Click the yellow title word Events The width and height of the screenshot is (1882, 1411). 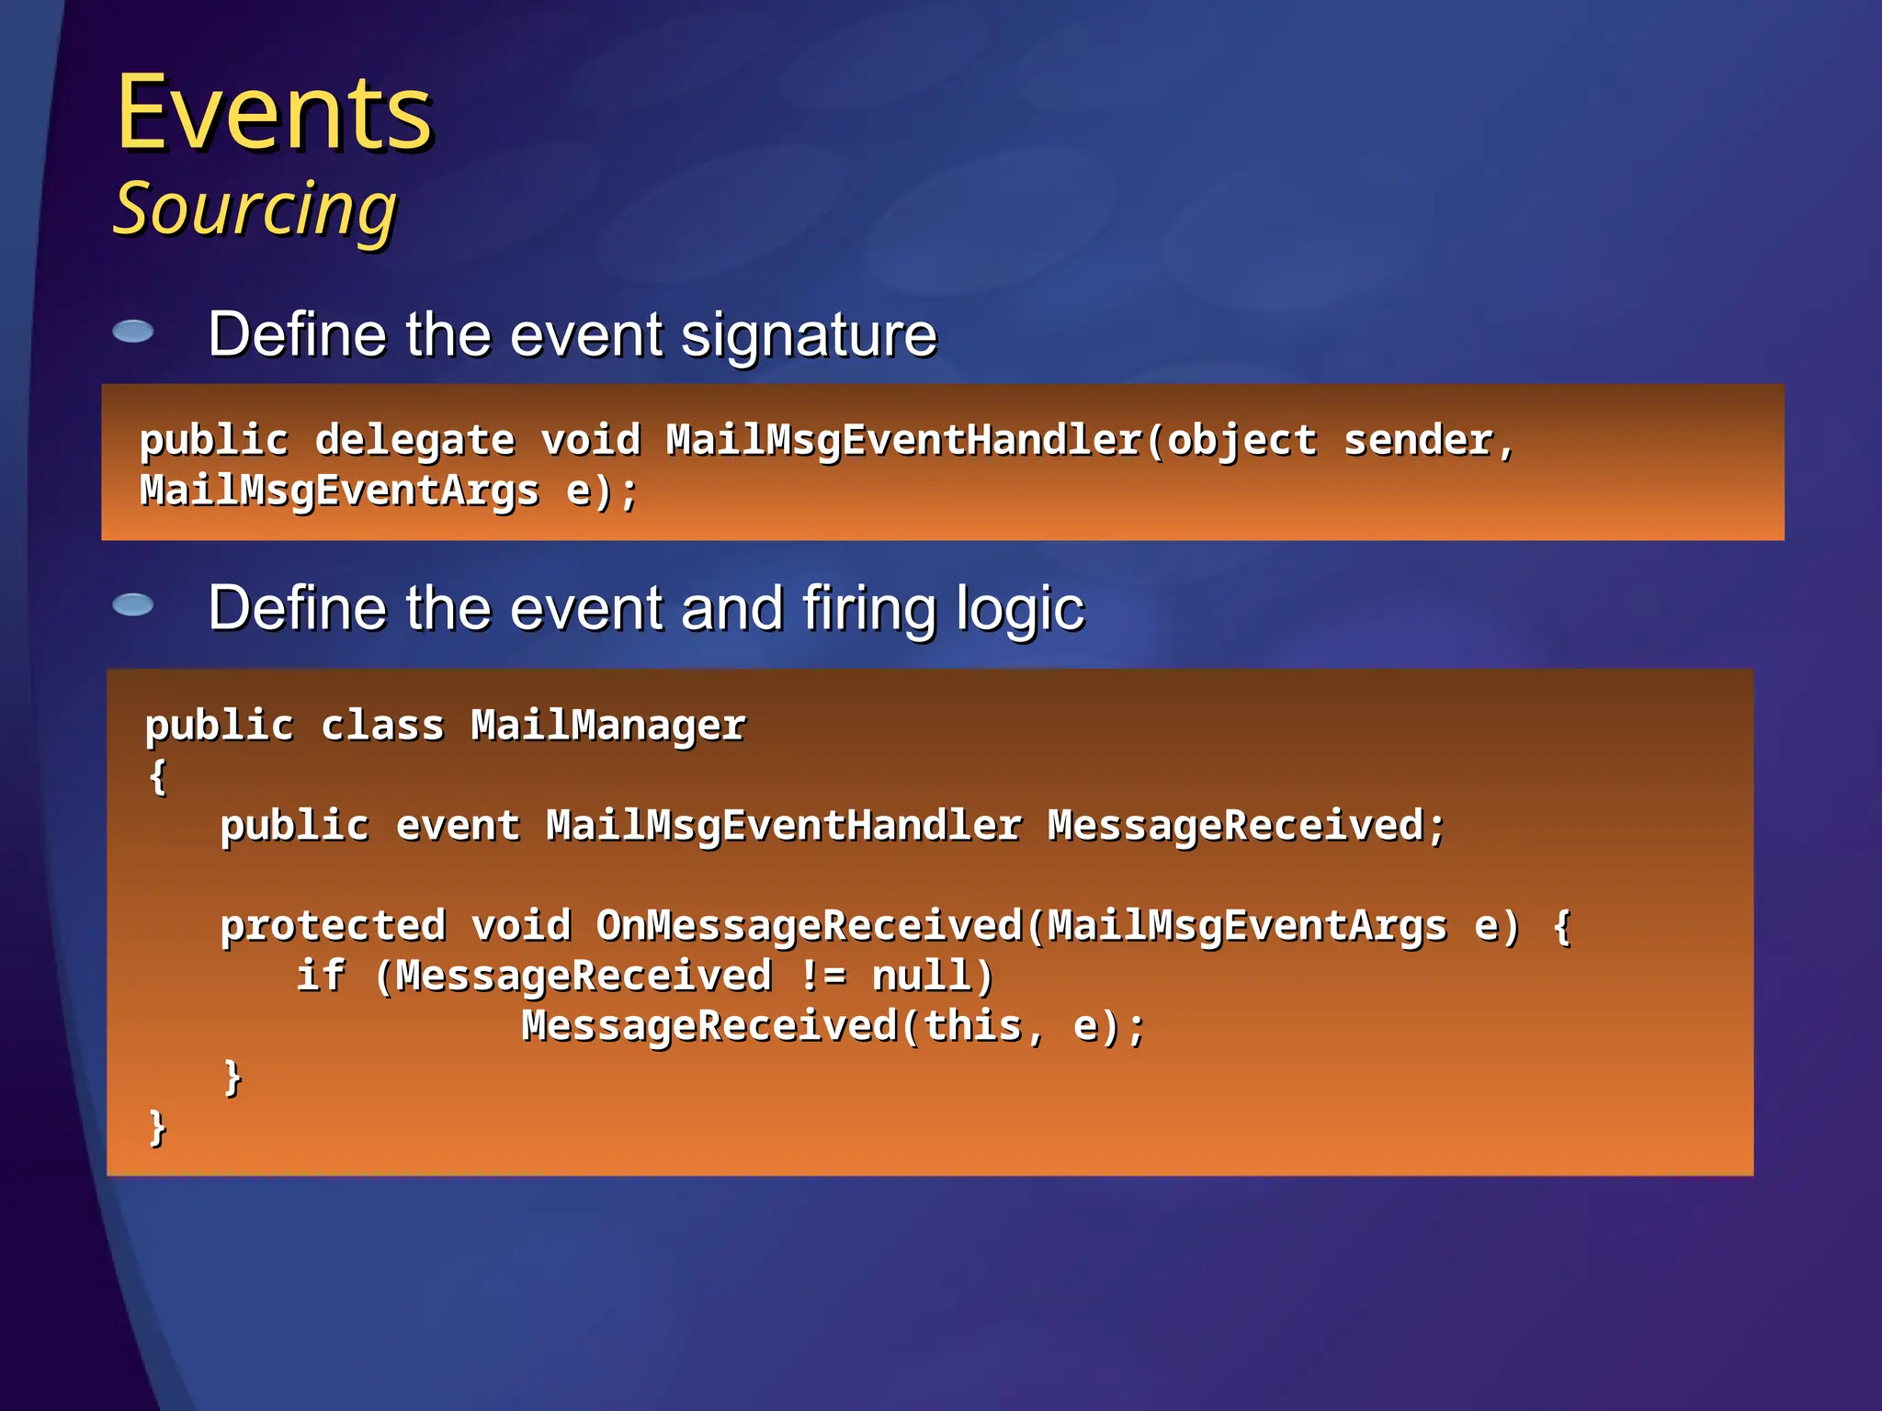click(x=274, y=114)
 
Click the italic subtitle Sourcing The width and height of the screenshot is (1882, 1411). click(x=255, y=209)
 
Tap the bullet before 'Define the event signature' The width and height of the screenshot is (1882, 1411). click(x=133, y=332)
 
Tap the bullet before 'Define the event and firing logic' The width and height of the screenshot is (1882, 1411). click(x=133, y=604)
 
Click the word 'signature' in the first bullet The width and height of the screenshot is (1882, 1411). click(x=809, y=334)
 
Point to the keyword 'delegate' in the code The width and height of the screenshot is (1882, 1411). click(x=414, y=441)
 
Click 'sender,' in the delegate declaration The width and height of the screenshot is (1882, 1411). click(x=1428, y=441)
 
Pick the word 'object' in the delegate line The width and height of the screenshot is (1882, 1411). click(x=1241, y=441)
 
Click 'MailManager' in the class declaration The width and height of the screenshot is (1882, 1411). click(x=608, y=726)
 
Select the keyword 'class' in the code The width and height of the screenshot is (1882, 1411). click(x=382, y=726)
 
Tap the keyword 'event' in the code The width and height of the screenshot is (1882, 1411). click(x=458, y=826)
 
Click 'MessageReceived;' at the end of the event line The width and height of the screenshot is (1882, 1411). click(x=1246, y=826)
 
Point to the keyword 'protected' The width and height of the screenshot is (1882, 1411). click(x=333, y=926)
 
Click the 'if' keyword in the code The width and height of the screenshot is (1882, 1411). click(x=320, y=976)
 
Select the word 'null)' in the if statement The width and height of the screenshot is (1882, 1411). click(x=933, y=976)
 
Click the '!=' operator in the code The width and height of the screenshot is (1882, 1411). click(x=822, y=976)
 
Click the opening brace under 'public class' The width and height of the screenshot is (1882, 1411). click(x=158, y=776)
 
